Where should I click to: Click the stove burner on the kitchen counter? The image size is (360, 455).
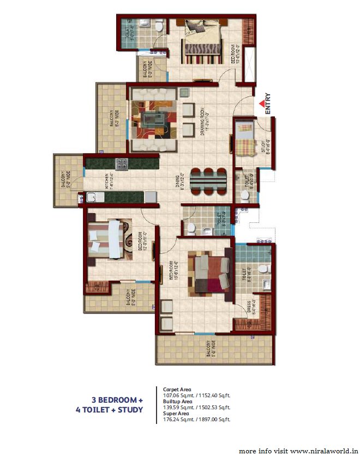pos(121,162)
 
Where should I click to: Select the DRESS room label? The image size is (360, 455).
pos(248,311)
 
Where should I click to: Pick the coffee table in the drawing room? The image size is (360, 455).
pos(154,118)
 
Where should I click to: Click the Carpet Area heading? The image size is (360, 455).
pos(177,390)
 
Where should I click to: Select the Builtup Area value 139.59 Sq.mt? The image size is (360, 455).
pos(178,407)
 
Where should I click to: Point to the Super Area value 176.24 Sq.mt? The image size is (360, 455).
pos(178,419)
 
